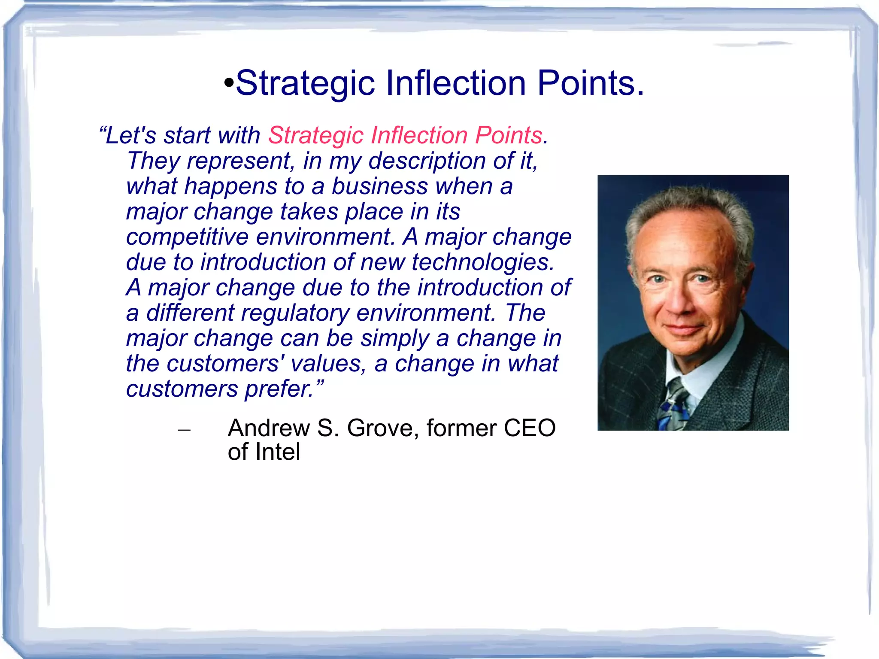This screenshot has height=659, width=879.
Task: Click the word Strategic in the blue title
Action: tap(305, 84)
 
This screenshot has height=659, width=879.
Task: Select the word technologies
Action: tap(483, 262)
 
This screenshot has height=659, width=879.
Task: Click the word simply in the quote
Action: tap(394, 338)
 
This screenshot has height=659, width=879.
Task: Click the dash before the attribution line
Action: tap(184, 429)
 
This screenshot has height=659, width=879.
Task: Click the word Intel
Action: tap(277, 452)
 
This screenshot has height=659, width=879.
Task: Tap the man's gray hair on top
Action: tap(691, 202)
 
